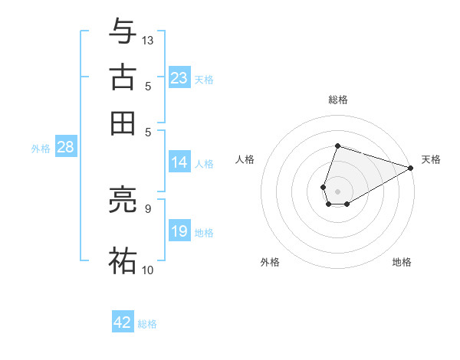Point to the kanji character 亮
123,202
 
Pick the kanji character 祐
123,259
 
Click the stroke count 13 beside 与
148,40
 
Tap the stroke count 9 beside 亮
147,207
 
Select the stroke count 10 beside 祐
148,270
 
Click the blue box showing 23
179,78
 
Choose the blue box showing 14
179,162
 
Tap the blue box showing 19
179,231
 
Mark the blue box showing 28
65,148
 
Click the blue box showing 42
123,322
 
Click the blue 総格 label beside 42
147,324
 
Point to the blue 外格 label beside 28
41,149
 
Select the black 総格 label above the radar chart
337,100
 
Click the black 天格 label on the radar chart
431,159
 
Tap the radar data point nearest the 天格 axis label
411,169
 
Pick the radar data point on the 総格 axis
337,146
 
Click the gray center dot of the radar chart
337,191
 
